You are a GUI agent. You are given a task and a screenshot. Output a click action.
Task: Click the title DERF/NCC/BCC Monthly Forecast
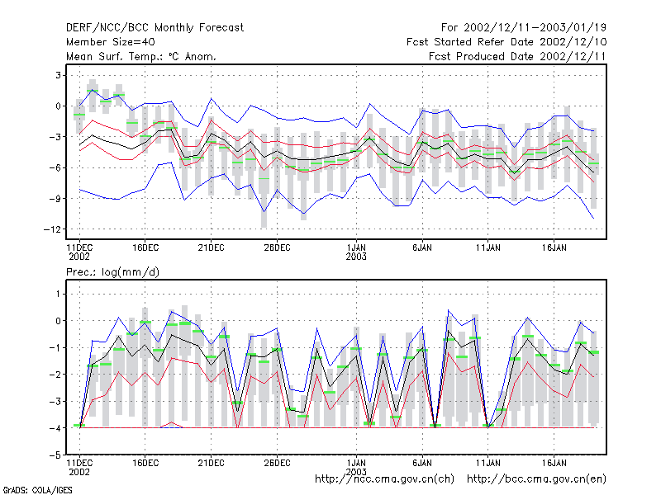point(155,28)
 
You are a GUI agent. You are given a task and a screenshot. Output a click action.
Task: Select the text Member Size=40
point(111,42)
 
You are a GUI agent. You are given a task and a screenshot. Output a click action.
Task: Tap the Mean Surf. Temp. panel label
point(140,56)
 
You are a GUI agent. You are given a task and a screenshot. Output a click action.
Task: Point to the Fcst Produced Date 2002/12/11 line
point(517,56)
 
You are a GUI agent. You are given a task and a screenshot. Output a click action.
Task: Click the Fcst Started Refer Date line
point(506,42)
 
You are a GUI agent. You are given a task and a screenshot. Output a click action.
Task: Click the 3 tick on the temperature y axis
point(58,75)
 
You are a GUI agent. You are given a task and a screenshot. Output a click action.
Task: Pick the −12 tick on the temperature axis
point(52,229)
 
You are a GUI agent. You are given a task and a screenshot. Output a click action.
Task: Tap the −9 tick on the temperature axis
point(55,198)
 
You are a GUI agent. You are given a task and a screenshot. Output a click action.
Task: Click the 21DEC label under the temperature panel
point(211,248)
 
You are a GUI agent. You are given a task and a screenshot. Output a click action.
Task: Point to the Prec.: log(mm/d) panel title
point(112,272)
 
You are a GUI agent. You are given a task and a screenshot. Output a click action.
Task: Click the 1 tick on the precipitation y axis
point(58,294)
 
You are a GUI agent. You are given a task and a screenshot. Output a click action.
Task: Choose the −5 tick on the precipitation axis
point(55,455)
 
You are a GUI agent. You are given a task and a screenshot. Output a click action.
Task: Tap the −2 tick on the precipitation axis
point(55,375)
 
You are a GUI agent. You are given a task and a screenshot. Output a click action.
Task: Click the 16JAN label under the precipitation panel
point(554,463)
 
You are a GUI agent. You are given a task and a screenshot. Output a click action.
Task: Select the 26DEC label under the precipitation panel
point(277,463)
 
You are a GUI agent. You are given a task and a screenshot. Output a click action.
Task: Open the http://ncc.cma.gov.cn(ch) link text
point(384,479)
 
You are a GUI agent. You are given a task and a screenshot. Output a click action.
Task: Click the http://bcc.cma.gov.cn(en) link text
point(536,479)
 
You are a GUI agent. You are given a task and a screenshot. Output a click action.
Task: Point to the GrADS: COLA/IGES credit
point(37,490)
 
